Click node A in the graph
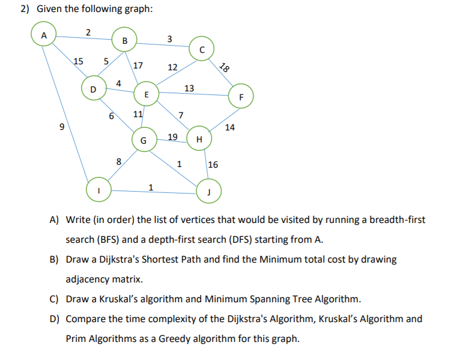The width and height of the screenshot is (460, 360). [43, 35]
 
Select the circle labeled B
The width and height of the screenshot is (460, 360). [124, 41]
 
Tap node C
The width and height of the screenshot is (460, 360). [202, 49]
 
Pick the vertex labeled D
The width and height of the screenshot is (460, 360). [92, 89]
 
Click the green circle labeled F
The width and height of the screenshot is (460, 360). [241, 96]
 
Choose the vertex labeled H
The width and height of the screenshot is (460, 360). [199, 139]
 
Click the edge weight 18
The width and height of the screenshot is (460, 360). [225, 68]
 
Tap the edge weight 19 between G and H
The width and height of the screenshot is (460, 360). [172, 137]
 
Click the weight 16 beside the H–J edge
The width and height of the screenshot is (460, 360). [213, 165]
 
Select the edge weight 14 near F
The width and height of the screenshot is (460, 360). [230, 127]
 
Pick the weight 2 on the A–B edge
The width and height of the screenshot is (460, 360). [88, 32]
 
